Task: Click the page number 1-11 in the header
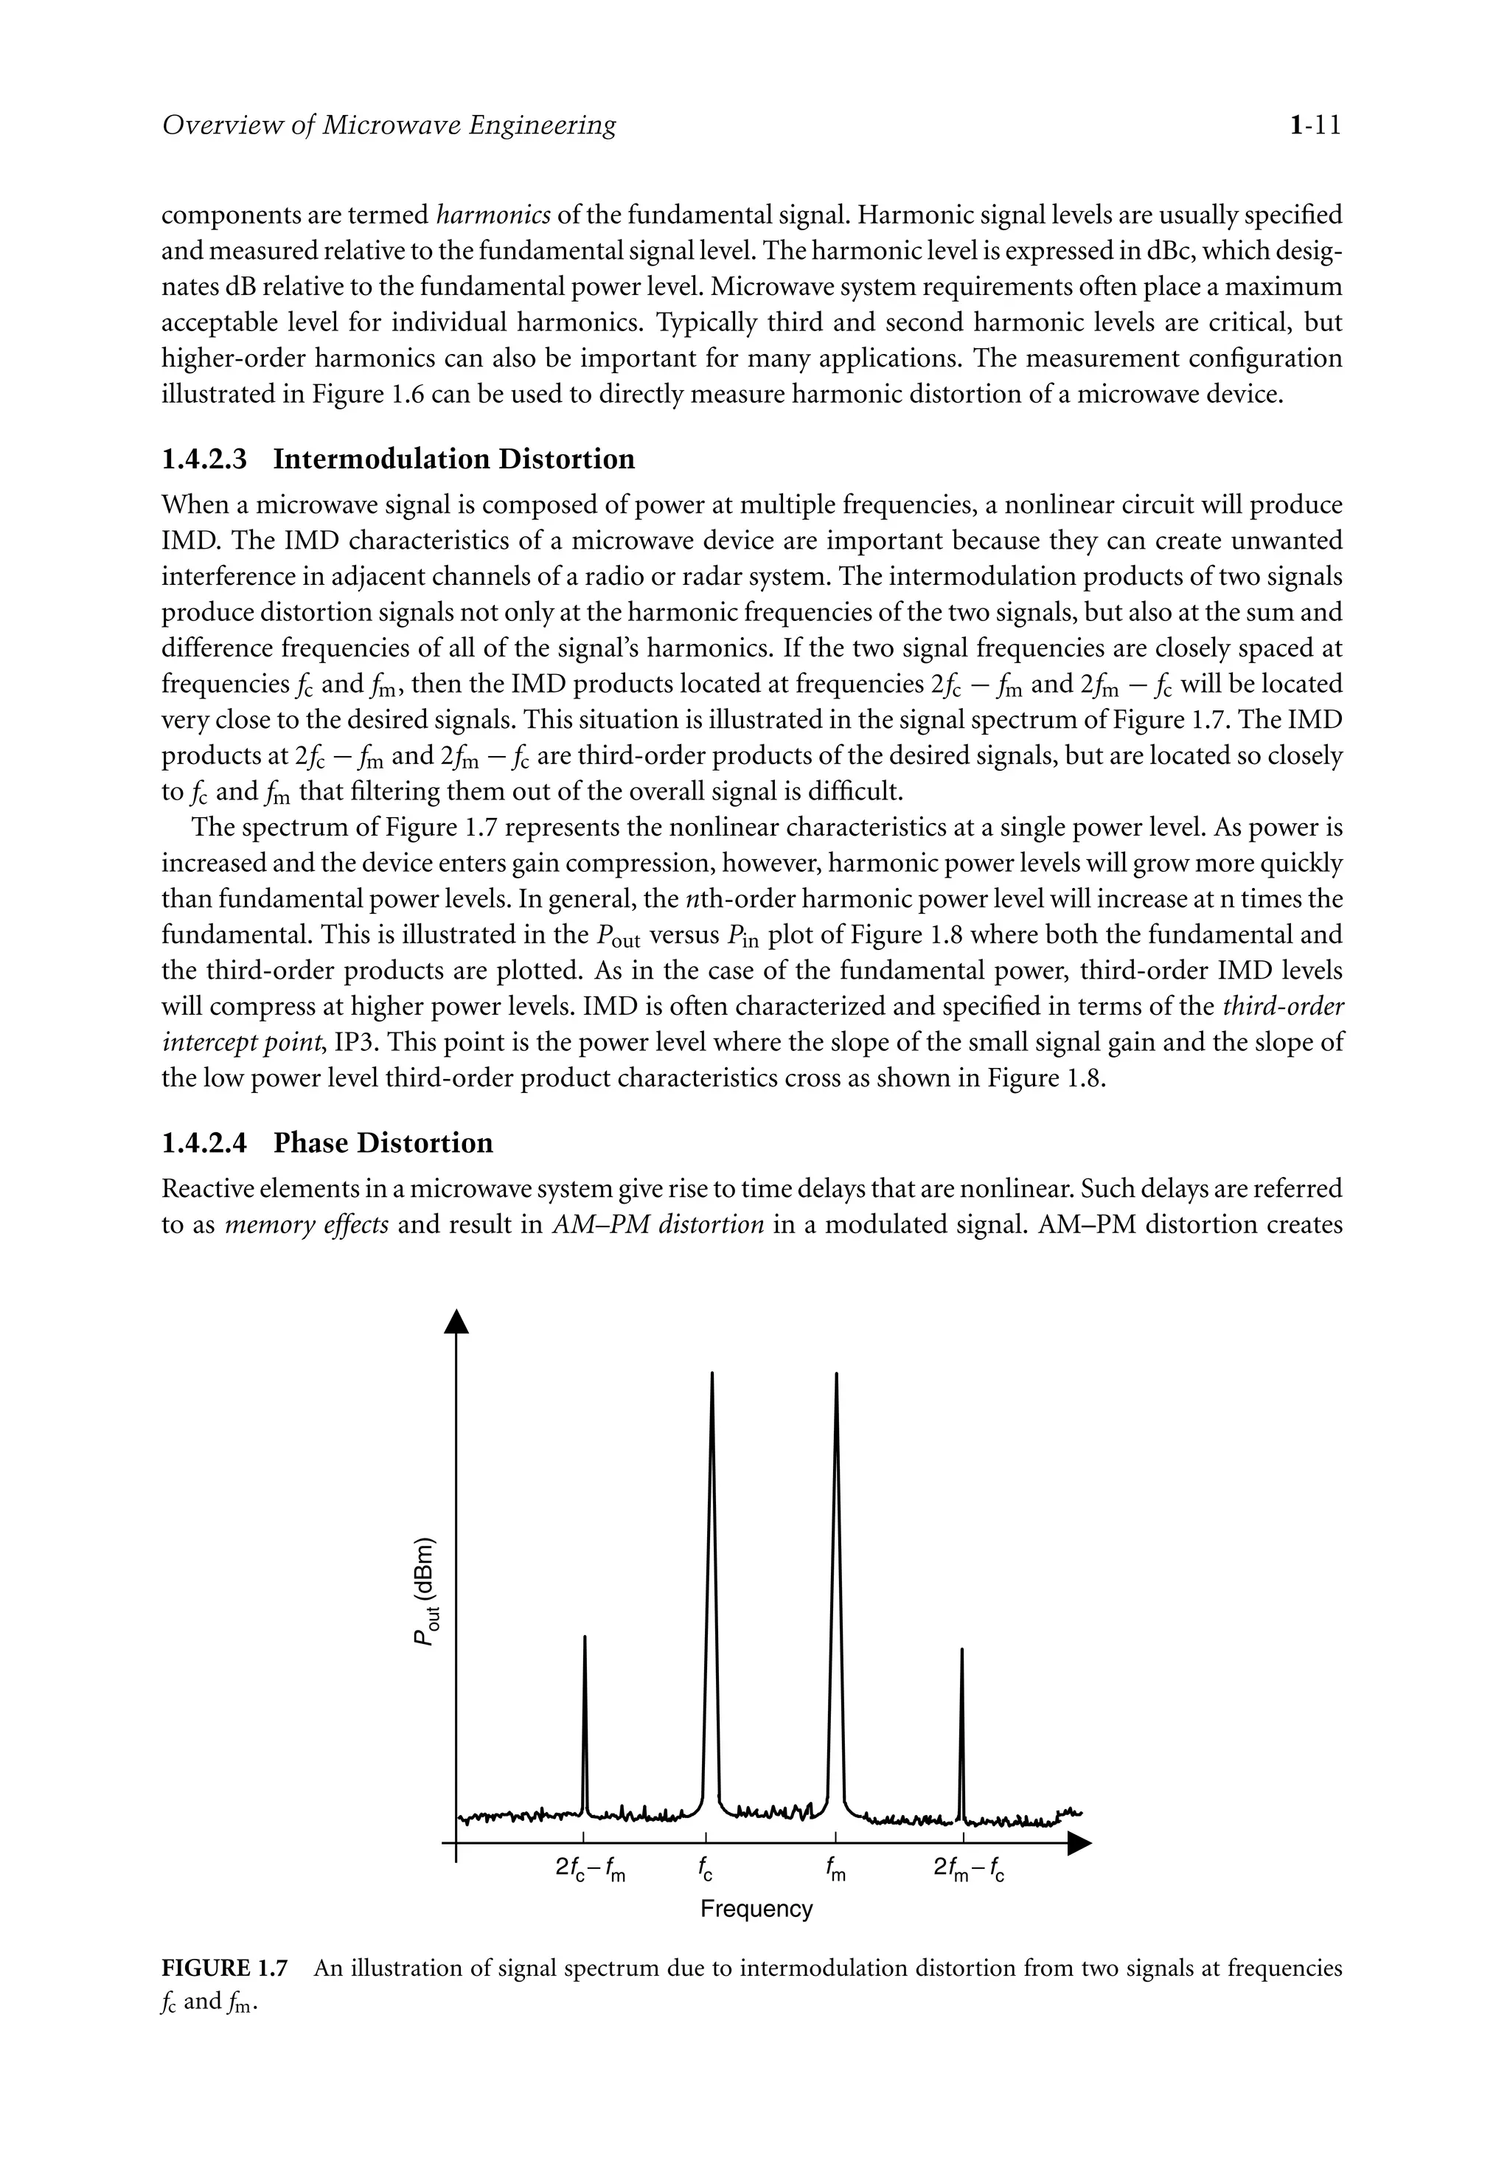pos(1315,125)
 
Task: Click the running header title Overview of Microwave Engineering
pos(389,125)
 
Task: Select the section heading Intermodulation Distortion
pos(454,459)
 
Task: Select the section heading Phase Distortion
pos(383,1143)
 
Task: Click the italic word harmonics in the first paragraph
pos(494,215)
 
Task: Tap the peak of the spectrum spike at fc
pos(711,1375)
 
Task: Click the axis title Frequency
pos(756,1909)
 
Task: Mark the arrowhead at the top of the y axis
pos(456,1321)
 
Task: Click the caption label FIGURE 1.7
pos(225,1968)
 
